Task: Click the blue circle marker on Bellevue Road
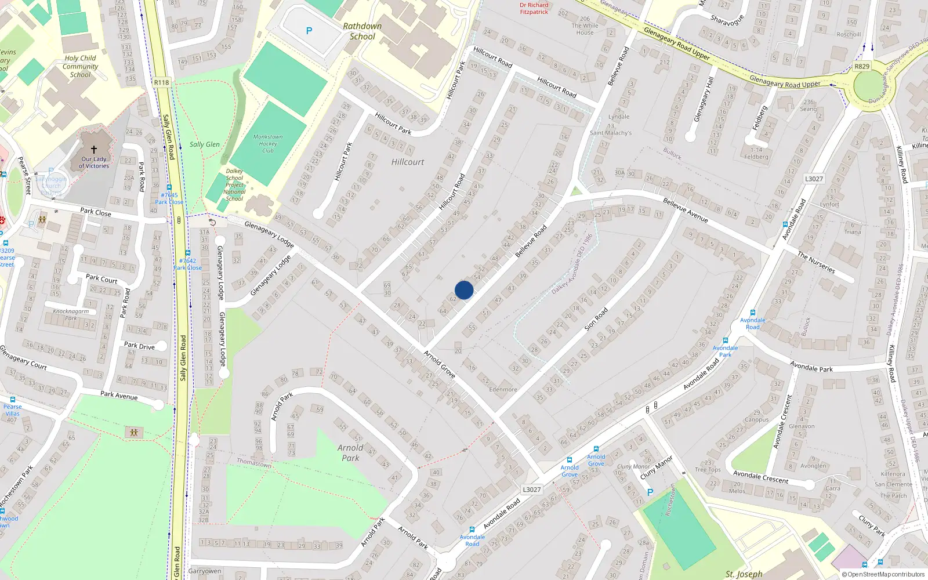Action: [464, 290]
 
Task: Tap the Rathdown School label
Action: [362, 31]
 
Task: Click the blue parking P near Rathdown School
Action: [309, 31]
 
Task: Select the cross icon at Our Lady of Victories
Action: [94, 149]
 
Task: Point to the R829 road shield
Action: [862, 66]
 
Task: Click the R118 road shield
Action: [161, 82]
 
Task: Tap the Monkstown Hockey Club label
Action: [268, 144]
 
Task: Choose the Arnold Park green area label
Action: [350, 452]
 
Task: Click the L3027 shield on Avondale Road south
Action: [531, 490]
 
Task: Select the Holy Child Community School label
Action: [80, 66]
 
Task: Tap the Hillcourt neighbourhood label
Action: [408, 162]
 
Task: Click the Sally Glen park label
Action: [205, 144]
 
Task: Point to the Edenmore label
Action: [503, 389]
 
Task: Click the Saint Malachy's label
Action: [611, 133]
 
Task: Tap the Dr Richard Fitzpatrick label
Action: [534, 8]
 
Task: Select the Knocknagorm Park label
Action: [71, 314]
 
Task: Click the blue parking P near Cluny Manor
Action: [650, 492]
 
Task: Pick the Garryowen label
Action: [205, 571]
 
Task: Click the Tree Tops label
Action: [708, 470]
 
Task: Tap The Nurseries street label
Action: [816, 262]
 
